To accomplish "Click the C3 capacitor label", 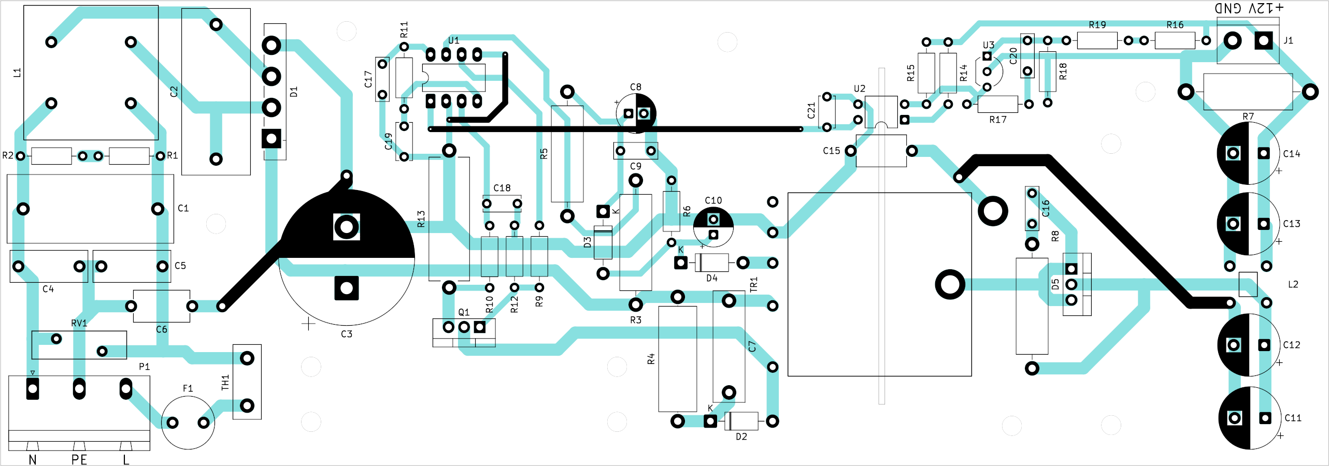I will (347, 334).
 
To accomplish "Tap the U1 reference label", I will (454, 40).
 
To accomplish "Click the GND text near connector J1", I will (1228, 8).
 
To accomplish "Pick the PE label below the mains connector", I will (79, 460).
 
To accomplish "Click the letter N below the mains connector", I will (33, 460).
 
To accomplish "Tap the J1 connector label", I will (1289, 40).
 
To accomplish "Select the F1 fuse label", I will (188, 388).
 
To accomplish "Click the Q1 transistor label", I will (464, 312).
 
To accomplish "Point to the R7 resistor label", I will (1248, 116).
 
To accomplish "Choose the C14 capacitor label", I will (1292, 154).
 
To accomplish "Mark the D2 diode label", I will (741, 437).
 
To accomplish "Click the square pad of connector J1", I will (1264, 40).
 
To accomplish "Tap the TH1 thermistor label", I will (225, 383).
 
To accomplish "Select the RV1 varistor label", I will (79, 323).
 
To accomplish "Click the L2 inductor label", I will (1293, 284).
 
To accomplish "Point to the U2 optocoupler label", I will (860, 89).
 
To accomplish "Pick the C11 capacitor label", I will (1293, 418).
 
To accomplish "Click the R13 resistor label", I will (421, 219).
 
